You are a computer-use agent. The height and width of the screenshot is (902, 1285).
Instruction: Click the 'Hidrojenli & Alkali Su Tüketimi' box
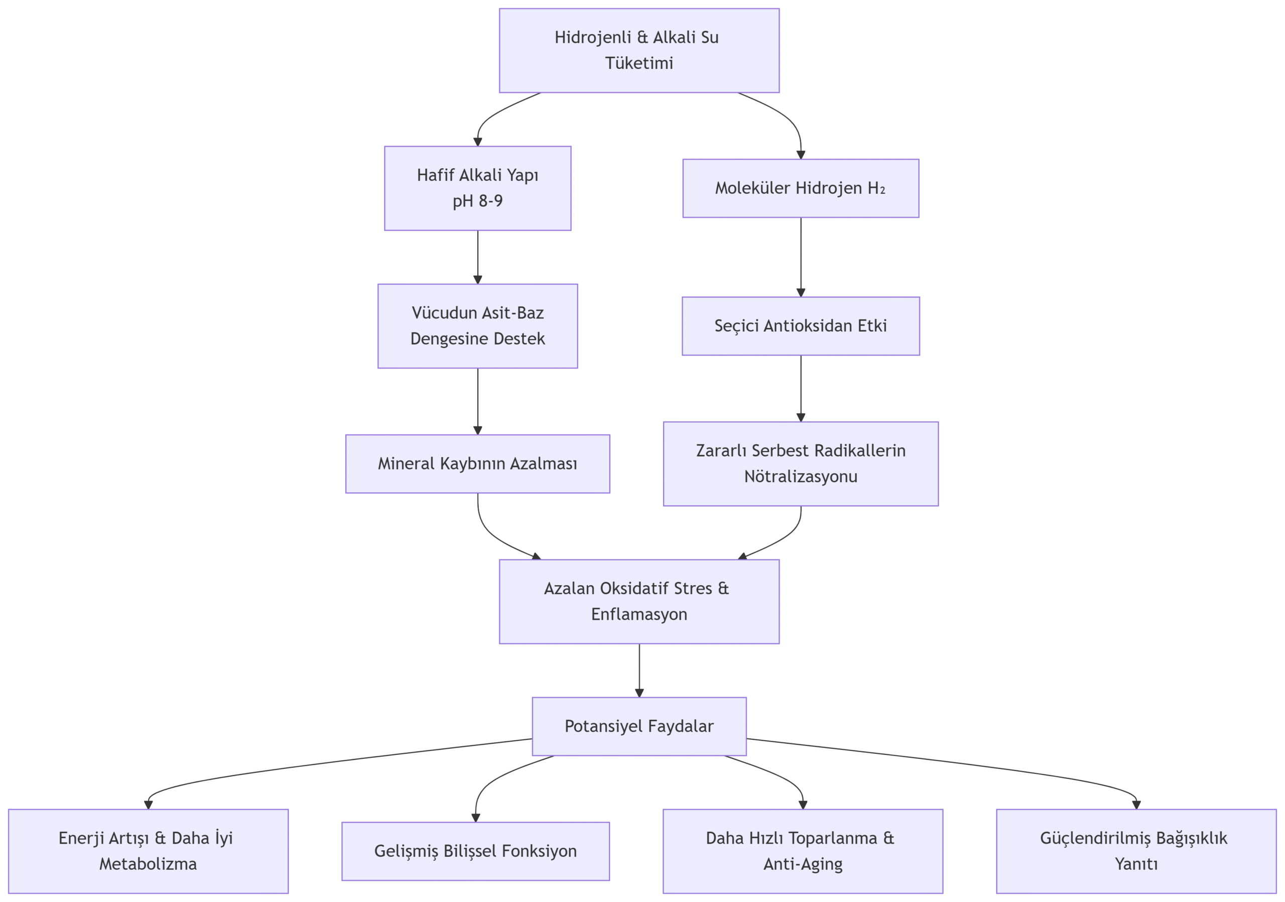pos(639,50)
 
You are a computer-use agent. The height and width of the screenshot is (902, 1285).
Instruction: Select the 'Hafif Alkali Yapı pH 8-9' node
pos(477,188)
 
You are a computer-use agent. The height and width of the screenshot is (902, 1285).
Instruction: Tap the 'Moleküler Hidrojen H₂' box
pos(801,188)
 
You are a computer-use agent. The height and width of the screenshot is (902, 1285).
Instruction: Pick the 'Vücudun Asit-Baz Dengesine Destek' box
pos(477,326)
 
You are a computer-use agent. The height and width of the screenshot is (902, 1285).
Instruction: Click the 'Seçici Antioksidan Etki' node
pos(801,326)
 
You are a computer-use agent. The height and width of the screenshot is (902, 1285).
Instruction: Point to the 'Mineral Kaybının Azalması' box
pos(477,464)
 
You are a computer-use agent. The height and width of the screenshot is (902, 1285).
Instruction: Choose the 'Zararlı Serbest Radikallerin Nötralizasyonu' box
pos(801,464)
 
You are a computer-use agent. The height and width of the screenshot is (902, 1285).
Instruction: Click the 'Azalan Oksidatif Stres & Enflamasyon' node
pos(639,601)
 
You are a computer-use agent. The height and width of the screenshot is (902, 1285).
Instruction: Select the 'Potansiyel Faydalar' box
pos(639,726)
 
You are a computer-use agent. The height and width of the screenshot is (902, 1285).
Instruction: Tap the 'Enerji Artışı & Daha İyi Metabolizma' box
pos(148,851)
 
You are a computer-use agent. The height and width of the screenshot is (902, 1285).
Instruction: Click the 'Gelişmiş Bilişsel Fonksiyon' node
pos(476,851)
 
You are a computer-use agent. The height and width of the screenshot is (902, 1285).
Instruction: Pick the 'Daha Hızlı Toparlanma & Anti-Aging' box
pos(803,851)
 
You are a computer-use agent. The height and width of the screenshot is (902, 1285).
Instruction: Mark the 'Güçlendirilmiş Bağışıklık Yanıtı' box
pos(1136,851)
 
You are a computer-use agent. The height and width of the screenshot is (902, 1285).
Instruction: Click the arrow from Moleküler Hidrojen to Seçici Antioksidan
pos(801,258)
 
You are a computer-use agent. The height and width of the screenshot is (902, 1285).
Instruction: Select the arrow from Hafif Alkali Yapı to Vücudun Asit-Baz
pos(477,258)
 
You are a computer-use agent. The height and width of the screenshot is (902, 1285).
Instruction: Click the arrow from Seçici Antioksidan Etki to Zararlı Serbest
pos(801,389)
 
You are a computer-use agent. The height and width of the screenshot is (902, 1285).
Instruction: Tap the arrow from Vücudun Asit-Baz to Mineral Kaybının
pos(477,401)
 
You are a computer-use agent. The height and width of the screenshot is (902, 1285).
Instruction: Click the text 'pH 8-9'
pos(477,201)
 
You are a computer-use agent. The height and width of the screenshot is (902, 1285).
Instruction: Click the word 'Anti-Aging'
pos(803,864)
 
